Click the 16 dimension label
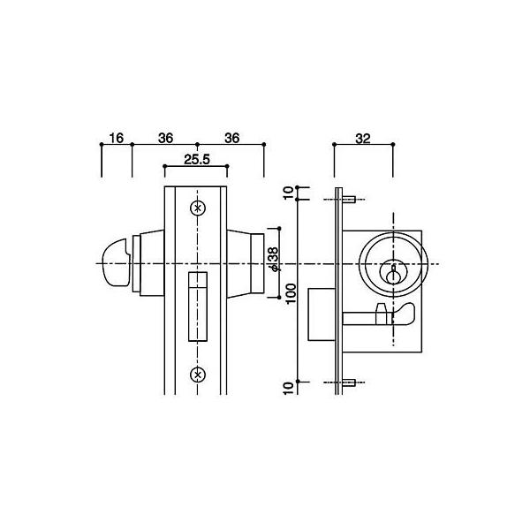tap(116, 138)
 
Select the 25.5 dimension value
tap(196, 160)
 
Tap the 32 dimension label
tap(363, 138)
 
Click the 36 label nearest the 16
tap(164, 138)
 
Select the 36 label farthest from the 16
tap(232, 138)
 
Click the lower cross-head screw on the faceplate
tap(197, 372)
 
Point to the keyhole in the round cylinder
tap(392, 269)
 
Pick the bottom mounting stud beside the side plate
tap(349, 383)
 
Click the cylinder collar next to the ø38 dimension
tap(256, 262)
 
